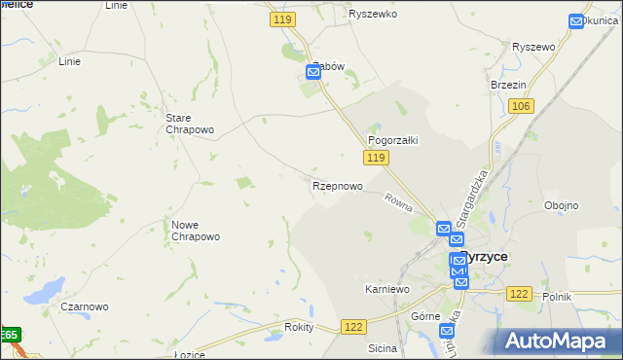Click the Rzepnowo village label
point(338,186)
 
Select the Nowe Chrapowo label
point(196,231)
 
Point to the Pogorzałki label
point(392,140)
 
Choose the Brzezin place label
point(508,85)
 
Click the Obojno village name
point(562,205)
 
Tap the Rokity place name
point(299,327)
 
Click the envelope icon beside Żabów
point(313,72)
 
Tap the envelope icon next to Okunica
point(575,20)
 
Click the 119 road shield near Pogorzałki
point(378,158)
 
